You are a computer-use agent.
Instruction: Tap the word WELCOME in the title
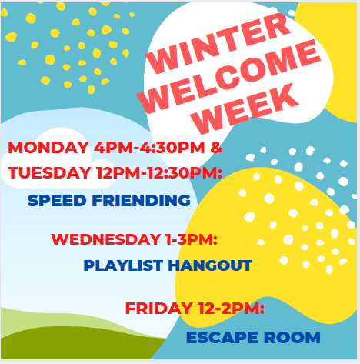[x=228, y=77]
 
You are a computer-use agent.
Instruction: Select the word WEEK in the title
[x=246, y=109]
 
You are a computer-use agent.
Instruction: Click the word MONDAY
[x=48, y=148]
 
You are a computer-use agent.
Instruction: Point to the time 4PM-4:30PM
[x=149, y=148]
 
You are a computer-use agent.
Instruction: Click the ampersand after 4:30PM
[x=216, y=148]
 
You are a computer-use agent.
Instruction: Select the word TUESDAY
[x=49, y=172]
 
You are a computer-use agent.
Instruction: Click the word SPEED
[x=57, y=200]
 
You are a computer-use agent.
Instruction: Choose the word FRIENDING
[x=141, y=200]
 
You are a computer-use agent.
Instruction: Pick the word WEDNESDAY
[x=106, y=239]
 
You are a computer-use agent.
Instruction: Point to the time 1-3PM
[x=192, y=239]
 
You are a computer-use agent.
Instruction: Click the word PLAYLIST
[x=123, y=265]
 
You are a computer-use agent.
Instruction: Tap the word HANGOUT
[x=210, y=265]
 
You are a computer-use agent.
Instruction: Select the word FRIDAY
[x=159, y=308]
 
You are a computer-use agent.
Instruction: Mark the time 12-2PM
[x=232, y=308]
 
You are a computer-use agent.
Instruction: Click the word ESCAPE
[x=222, y=337]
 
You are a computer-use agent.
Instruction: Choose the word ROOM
[x=292, y=337]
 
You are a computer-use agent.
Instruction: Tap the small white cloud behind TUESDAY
[x=59, y=160]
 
